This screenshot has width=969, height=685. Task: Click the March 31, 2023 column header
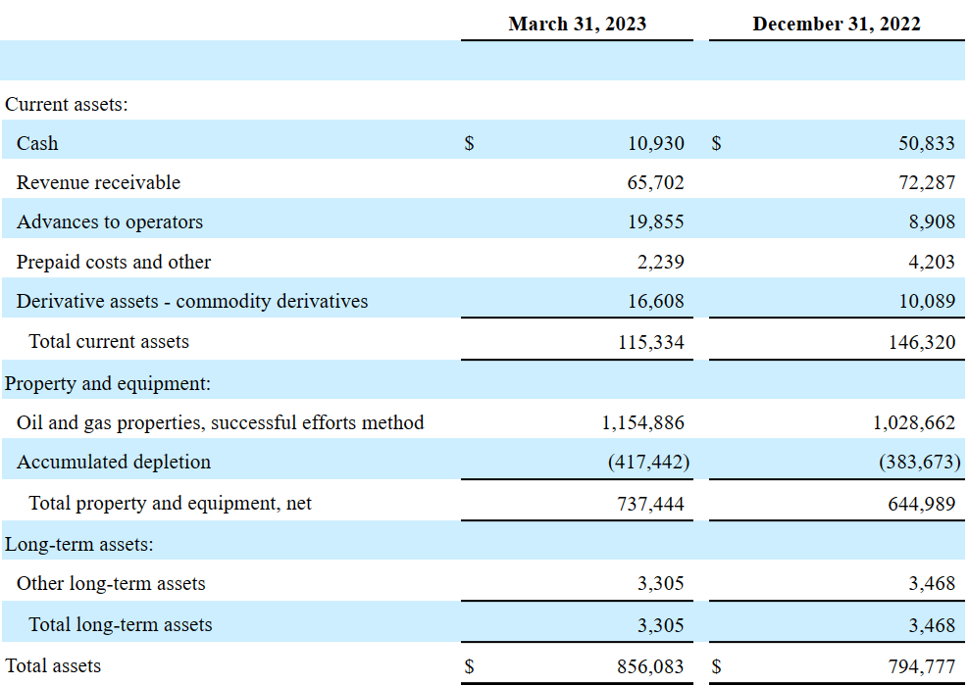click(x=577, y=24)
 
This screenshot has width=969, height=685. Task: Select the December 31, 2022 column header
click(x=837, y=24)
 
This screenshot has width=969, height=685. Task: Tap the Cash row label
click(x=37, y=143)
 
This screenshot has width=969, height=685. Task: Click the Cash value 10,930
click(x=655, y=143)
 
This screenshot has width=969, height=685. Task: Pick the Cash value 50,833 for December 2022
click(x=926, y=143)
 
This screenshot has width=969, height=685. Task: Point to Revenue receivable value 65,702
click(x=655, y=182)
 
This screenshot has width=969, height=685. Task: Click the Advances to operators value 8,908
click(x=931, y=221)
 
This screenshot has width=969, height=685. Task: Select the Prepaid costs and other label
click(x=114, y=262)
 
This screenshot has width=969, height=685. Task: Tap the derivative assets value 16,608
click(x=655, y=301)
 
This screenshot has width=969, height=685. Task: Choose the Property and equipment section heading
click(x=108, y=383)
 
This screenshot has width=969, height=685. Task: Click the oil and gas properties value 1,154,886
click(x=643, y=422)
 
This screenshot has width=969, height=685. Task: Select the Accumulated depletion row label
click(x=114, y=462)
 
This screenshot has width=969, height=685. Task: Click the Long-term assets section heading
click(x=79, y=544)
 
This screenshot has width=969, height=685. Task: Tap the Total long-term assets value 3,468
click(x=932, y=624)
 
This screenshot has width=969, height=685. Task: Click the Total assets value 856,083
click(x=650, y=666)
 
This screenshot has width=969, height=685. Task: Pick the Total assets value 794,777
click(x=921, y=666)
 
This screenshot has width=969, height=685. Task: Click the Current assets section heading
click(x=67, y=104)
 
